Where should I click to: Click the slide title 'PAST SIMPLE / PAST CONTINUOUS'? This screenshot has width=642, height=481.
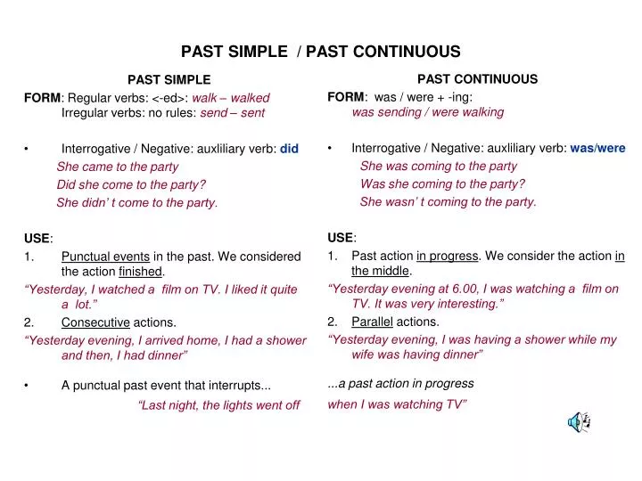pyautogui.click(x=321, y=52)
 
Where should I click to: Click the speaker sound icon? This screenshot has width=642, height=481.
pyautogui.click(x=579, y=423)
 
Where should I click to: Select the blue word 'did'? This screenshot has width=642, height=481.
pyautogui.click(x=289, y=149)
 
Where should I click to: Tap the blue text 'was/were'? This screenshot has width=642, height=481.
pyautogui.click(x=597, y=148)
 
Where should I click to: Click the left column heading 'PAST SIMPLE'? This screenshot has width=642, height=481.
pyautogui.click(x=169, y=80)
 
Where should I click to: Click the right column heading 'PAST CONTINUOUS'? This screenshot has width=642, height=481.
pyautogui.click(x=477, y=79)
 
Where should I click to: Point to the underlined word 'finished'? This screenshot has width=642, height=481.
pyautogui.click(x=141, y=272)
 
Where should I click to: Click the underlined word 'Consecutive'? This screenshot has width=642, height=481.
pyautogui.click(x=95, y=322)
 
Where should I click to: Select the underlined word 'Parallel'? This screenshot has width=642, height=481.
pyautogui.click(x=372, y=322)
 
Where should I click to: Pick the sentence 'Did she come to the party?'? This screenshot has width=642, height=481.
pyautogui.click(x=131, y=184)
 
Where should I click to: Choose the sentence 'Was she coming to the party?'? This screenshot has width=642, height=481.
pyautogui.click(x=442, y=183)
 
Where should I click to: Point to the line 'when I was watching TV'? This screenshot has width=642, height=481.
pyautogui.click(x=398, y=404)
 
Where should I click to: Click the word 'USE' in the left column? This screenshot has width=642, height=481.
pyautogui.click(x=37, y=239)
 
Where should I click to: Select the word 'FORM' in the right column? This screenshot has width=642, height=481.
pyautogui.click(x=345, y=96)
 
